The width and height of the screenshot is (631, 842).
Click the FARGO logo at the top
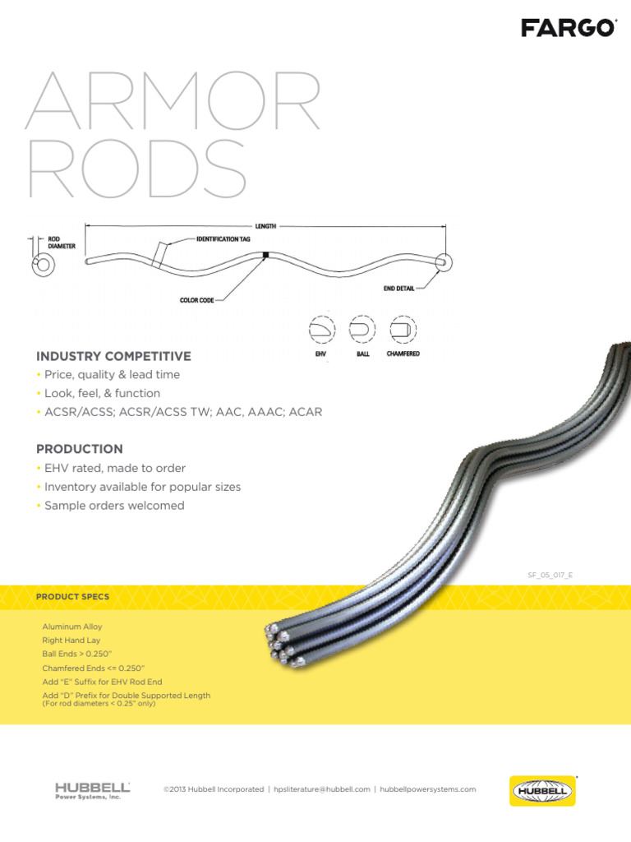(x=568, y=29)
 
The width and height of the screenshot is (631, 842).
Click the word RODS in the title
(x=136, y=169)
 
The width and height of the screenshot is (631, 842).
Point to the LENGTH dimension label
(x=265, y=225)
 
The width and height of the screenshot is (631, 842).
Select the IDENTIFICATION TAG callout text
(x=223, y=238)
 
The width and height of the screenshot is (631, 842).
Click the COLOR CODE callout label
(x=196, y=300)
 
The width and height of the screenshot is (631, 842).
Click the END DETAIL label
(x=398, y=289)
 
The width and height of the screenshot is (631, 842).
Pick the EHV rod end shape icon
(x=320, y=331)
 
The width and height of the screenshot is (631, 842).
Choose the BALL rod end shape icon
(x=362, y=331)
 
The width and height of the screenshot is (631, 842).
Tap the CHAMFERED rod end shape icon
(x=403, y=331)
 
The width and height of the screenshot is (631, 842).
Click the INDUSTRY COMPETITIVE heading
(x=113, y=356)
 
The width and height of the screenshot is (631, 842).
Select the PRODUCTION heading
(x=80, y=449)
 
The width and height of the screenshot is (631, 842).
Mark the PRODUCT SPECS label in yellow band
(x=72, y=596)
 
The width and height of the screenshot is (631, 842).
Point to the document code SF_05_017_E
(x=550, y=576)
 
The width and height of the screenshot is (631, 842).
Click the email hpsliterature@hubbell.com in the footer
(x=322, y=789)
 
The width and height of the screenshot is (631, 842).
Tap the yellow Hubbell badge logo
(x=542, y=791)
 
